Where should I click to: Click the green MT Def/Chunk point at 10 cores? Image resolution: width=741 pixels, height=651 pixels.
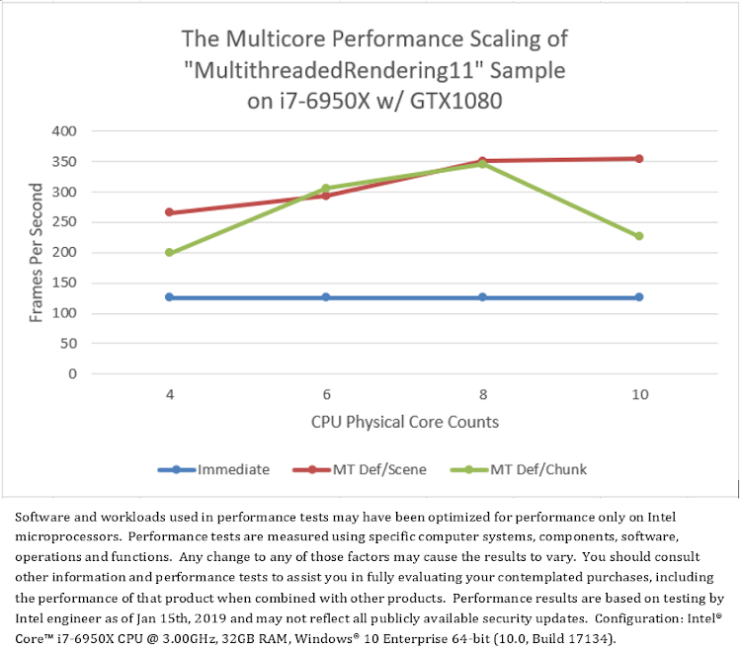coord(639,236)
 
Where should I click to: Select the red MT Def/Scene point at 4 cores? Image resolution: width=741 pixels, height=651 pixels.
coord(169,212)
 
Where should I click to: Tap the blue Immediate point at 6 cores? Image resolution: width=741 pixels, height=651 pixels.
coord(326,297)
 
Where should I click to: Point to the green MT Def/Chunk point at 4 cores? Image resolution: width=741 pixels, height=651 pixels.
coord(169,253)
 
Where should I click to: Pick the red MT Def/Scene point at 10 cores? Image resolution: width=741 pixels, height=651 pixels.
coord(639,158)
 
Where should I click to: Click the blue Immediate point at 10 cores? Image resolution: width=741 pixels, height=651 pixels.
coord(639,297)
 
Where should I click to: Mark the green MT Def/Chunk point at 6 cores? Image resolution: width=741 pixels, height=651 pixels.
coord(326,188)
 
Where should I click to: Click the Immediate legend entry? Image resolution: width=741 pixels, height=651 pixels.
coord(213,469)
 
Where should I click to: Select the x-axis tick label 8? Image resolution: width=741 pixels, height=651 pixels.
coord(482,393)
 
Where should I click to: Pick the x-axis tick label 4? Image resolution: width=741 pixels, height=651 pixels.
coord(169,393)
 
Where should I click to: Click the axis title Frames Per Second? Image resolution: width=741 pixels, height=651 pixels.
coord(36,253)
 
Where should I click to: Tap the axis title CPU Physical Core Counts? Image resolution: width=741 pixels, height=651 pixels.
coord(404,422)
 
